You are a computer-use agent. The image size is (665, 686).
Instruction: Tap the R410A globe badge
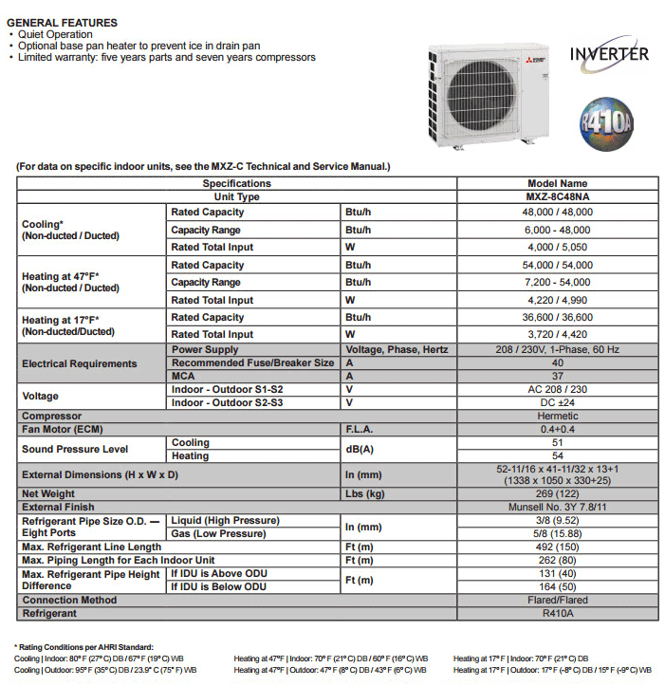click(x=607, y=121)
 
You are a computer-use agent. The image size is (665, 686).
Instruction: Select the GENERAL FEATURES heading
click(x=62, y=22)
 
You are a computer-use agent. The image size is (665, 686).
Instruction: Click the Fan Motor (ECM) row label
click(x=62, y=430)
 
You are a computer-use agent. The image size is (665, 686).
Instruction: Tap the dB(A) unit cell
click(x=360, y=449)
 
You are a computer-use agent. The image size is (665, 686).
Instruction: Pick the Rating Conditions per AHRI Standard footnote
click(x=84, y=646)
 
